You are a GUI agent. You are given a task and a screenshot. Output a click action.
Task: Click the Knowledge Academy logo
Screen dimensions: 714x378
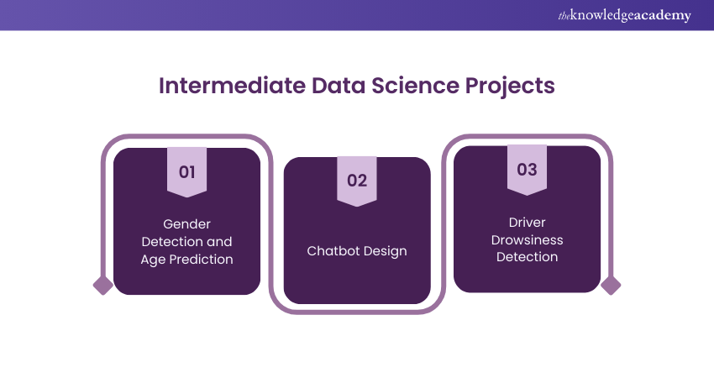click(x=624, y=15)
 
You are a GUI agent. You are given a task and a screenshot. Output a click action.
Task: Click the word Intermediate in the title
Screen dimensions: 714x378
click(x=232, y=86)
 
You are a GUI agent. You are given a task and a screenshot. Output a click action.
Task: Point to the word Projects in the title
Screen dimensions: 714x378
click(x=510, y=87)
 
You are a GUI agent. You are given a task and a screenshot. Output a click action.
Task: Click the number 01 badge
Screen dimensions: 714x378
click(x=186, y=172)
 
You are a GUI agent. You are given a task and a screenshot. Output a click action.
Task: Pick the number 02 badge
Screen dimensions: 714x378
click(x=357, y=181)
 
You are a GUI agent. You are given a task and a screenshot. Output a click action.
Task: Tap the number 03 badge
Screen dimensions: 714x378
click(x=527, y=170)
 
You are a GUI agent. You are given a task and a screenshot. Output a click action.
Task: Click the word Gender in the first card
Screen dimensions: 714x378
click(x=186, y=224)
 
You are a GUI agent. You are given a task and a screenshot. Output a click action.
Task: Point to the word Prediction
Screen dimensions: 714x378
click(x=202, y=259)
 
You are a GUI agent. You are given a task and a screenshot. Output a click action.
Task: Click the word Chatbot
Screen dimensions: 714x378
click(x=332, y=251)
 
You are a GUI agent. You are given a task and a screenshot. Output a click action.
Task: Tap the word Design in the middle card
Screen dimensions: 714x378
click(x=384, y=252)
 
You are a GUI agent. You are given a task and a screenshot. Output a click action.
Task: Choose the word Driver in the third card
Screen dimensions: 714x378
click(x=527, y=223)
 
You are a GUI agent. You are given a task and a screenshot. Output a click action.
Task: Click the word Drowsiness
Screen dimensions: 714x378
click(x=527, y=240)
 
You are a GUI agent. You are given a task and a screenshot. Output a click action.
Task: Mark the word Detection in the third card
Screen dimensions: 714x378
click(x=527, y=257)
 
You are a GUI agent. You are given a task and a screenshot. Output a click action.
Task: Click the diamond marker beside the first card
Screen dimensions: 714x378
click(x=103, y=286)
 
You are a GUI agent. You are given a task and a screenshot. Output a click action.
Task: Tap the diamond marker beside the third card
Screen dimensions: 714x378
click(x=611, y=286)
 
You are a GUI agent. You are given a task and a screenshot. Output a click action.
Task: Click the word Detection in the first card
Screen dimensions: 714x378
click(x=171, y=241)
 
